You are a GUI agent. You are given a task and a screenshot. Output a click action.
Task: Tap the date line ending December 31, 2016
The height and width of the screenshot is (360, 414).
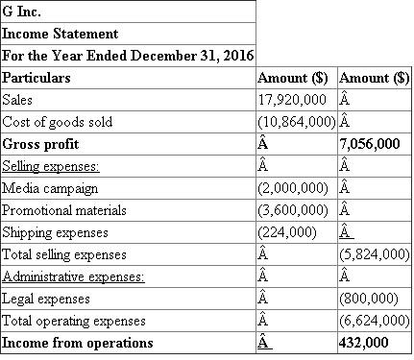tap(126, 56)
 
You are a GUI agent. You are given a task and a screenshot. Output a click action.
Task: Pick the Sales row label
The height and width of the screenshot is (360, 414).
tap(17, 100)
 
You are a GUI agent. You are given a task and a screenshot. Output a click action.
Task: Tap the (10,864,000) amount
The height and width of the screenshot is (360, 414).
tap(296, 122)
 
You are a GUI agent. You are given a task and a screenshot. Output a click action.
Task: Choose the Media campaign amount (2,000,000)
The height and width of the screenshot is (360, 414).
tap(292, 188)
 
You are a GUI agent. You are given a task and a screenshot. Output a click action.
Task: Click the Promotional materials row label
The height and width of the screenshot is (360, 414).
tap(64, 210)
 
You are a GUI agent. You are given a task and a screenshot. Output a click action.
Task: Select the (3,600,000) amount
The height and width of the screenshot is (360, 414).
tap(292, 210)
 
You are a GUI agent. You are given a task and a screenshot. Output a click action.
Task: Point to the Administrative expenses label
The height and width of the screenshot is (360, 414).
tap(73, 277)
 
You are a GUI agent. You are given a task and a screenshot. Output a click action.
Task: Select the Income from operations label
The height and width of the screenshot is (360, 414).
tap(78, 343)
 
